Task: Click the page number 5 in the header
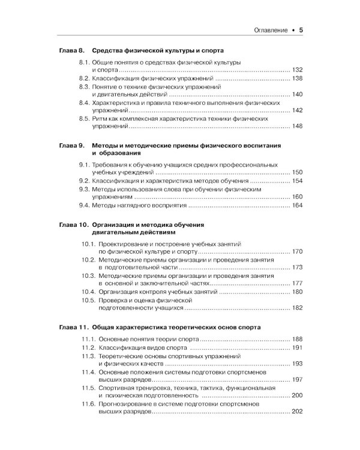pyautogui.click(x=301, y=29)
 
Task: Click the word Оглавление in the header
pyautogui.click(x=265, y=29)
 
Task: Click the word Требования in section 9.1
pyautogui.click(x=113, y=165)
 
